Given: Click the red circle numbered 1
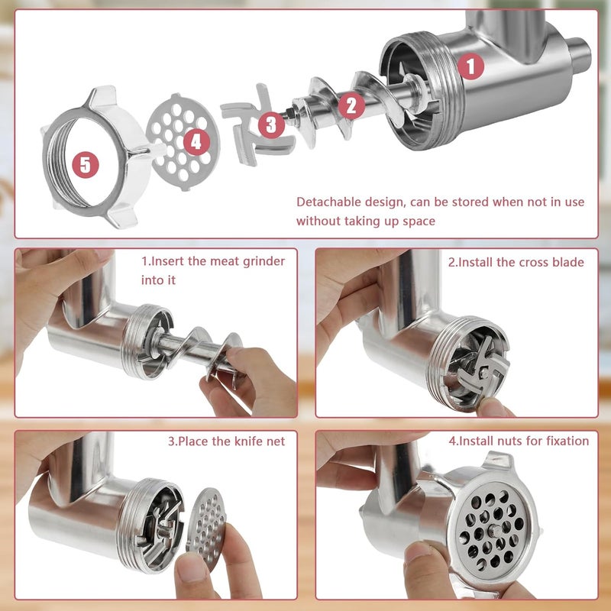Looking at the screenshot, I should click(470, 66).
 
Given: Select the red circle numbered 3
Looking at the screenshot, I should click(272, 124).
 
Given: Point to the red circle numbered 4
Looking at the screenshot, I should click(196, 141).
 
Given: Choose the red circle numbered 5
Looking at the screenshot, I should click(86, 164).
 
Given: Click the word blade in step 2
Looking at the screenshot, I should click(567, 262).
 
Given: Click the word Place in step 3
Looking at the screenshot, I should click(191, 441).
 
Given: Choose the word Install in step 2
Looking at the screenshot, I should click(473, 262).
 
